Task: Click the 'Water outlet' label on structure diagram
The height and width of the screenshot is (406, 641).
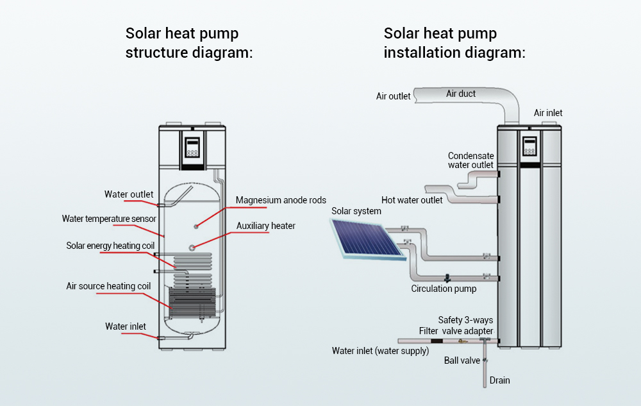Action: (x=129, y=194)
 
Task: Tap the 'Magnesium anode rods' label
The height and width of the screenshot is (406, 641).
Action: (x=281, y=200)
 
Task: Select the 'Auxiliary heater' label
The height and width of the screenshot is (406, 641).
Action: (x=265, y=226)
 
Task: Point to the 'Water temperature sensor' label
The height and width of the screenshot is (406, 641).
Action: (x=109, y=219)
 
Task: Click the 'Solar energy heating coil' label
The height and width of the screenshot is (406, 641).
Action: (x=110, y=246)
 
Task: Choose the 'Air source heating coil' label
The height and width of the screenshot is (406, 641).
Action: (x=108, y=286)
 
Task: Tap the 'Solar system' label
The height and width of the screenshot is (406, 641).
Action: (x=356, y=211)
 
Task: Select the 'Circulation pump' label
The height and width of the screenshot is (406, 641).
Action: (x=444, y=289)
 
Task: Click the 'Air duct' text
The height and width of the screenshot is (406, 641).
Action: (x=461, y=94)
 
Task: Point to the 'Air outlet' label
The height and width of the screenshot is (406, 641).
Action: (x=393, y=96)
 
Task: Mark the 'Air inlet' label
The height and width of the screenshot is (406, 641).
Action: (x=548, y=113)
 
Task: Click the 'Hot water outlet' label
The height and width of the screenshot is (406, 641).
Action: (x=412, y=200)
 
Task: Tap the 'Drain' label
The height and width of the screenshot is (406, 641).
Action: (x=499, y=380)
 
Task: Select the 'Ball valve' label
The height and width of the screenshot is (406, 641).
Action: (x=462, y=360)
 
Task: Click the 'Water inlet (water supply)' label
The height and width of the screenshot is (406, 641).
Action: (x=379, y=350)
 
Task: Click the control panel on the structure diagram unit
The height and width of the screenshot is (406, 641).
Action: (x=192, y=149)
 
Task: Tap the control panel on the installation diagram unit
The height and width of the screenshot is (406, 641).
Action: (x=529, y=147)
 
